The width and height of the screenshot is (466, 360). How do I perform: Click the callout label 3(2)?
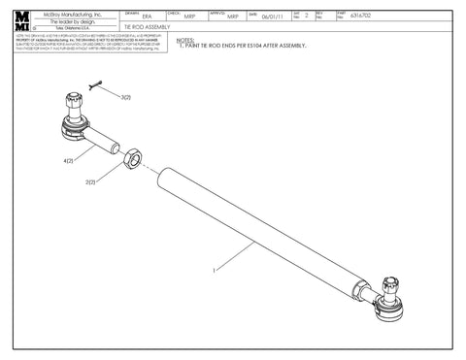point(126,98)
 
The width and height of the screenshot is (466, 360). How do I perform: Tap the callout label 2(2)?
point(90,181)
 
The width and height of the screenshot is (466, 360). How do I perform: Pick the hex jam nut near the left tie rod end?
point(136,154)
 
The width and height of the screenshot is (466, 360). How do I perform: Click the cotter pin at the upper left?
point(95,86)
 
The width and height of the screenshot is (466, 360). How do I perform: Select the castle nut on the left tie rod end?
point(76,101)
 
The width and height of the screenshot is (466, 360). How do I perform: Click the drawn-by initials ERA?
point(146,17)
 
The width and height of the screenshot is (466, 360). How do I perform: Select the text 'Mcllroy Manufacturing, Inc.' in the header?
point(74,11)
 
